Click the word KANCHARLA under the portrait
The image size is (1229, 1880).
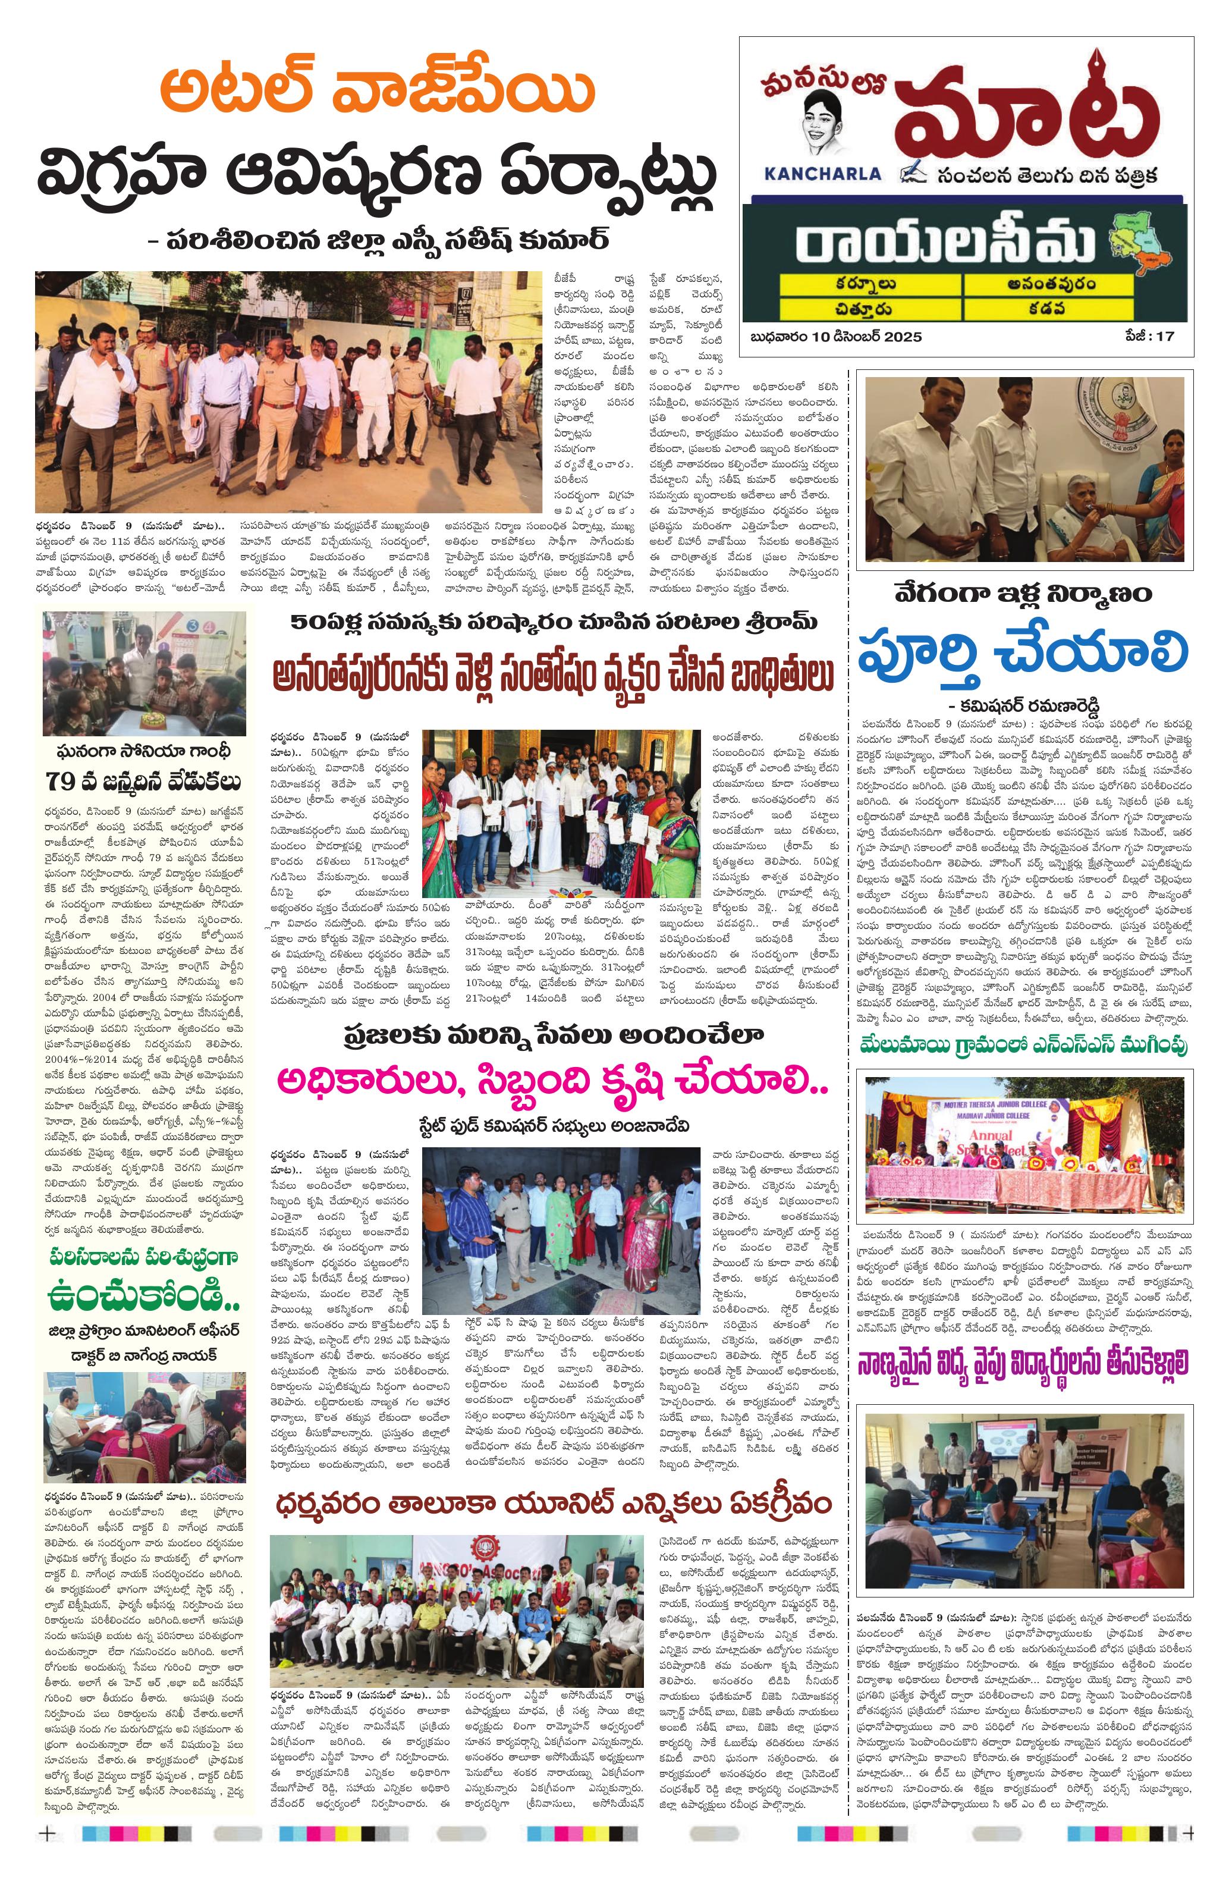click(822, 172)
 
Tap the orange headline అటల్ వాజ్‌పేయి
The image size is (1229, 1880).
click(377, 92)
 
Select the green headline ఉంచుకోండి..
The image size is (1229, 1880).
click(144, 1295)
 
